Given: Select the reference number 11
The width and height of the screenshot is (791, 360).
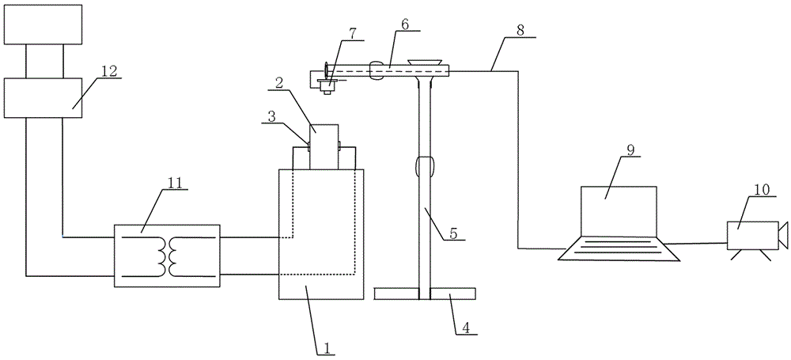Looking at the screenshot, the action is coord(172,180).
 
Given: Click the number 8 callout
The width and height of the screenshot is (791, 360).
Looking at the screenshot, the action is coord(520,30).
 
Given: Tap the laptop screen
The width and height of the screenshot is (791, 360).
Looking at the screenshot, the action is coord(619,211).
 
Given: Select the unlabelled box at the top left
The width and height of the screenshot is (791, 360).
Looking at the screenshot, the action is coord(43,25).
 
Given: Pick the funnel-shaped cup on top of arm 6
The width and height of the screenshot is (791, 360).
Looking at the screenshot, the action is coord(426,63).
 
